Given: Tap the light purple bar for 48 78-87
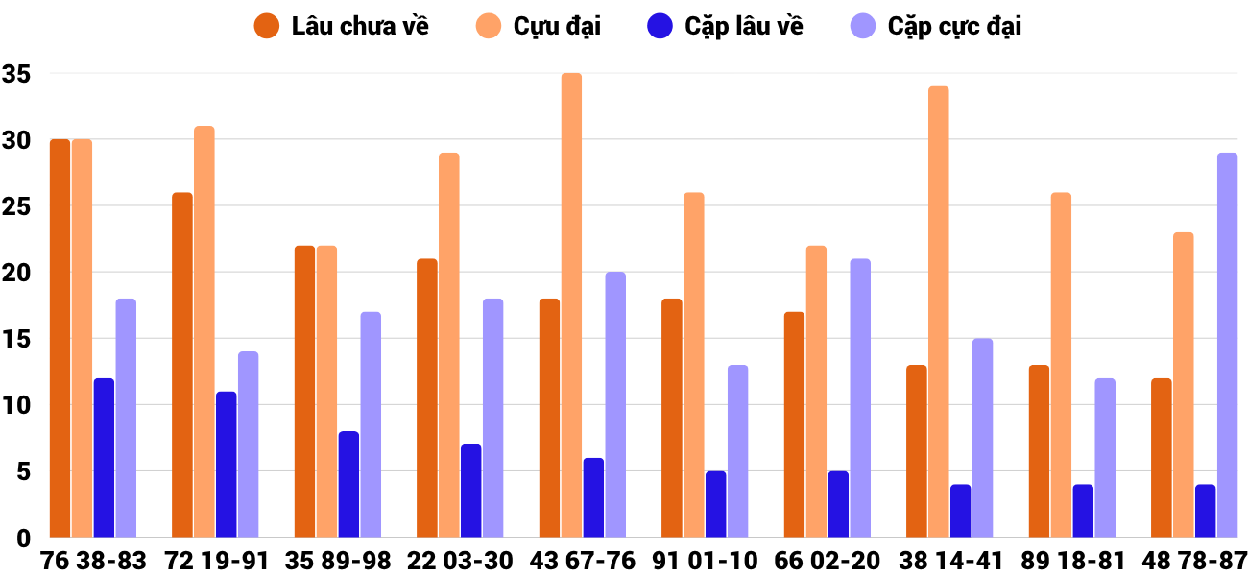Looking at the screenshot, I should point(1227,346).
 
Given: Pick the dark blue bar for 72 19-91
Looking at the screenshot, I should point(226,465).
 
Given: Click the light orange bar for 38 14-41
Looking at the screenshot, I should point(938,312).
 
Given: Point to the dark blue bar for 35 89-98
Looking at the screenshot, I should point(348,485).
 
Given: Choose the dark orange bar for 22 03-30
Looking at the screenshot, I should point(427,398).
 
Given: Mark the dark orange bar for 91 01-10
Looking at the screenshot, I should point(672,419).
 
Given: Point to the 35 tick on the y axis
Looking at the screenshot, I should point(17,74).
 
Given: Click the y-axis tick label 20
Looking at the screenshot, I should point(17,273).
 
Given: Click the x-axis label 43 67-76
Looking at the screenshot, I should point(582,561).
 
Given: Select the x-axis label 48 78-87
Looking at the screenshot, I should point(1194,561).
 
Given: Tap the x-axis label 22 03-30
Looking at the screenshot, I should point(460,561).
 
